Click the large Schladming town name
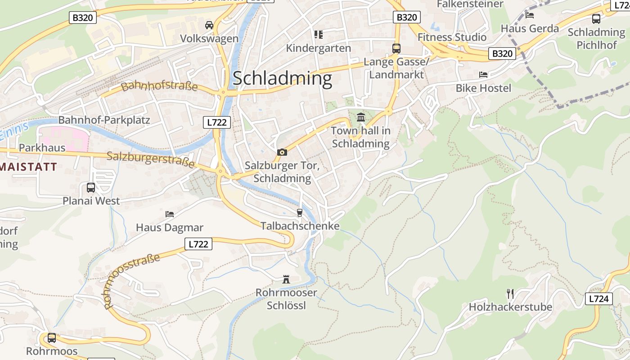(282, 78)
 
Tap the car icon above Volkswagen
(209, 25)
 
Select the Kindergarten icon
(319, 35)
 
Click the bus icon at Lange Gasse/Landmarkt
(396, 48)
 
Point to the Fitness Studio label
(452, 37)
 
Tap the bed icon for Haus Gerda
(530, 15)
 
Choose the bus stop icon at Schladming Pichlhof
(596, 18)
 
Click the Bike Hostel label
(483, 88)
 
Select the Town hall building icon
(361, 117)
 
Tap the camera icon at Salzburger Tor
(282, 152)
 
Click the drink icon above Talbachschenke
(300, 212)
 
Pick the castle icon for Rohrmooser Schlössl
(286, 279)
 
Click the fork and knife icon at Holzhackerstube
(510, 294)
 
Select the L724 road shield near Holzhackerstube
(599, 299)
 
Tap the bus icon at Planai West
(91, 187)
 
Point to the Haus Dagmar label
(170, 228)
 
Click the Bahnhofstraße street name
(159, 85)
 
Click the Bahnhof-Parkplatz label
(104, 120)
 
